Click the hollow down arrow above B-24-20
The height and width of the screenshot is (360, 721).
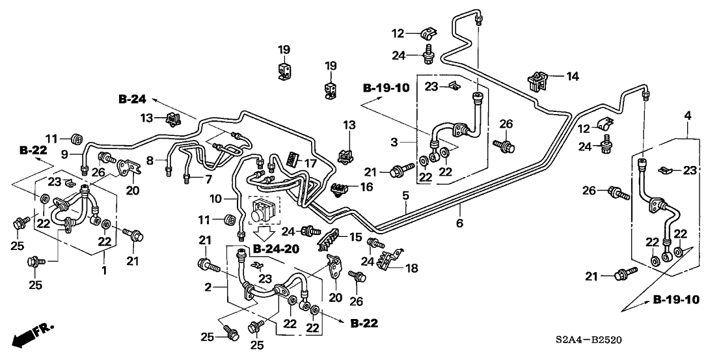[x=264, y=232]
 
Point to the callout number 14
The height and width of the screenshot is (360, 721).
[x=572, y=76]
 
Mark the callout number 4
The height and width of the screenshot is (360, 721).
[x=688, y=115]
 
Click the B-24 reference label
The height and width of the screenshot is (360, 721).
[x=132, y=99]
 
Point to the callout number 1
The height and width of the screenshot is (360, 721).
[x=103, y=269]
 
